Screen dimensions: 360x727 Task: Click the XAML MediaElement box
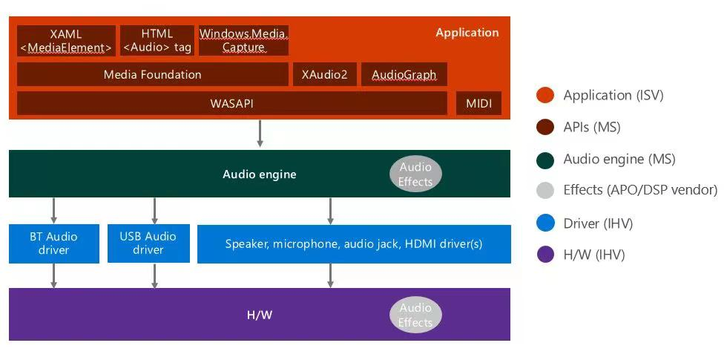pos(66,41)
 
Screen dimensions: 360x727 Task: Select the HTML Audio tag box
pos(157,41)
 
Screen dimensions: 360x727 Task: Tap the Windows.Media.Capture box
pos(243,41)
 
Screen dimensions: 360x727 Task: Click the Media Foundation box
pos(152,74)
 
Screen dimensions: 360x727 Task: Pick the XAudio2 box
pos(324,74)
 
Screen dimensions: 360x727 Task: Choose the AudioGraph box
pos(404,74)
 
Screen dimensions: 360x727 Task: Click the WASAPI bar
pos(231,103)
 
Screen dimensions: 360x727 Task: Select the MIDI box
pos(478,103)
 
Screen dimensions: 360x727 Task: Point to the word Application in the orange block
pos(467,33)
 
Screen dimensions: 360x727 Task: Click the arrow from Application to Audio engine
pos(260,134)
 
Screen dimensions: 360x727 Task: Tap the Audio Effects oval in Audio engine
pos(415,174)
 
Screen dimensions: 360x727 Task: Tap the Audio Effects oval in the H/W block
pos(415,315)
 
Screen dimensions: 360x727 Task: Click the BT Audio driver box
pos(53,243)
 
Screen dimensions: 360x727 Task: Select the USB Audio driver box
pos(148,243)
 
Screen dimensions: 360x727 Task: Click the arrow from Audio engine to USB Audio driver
pos(154,211)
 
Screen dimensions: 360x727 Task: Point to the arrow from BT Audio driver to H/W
pos(53,275)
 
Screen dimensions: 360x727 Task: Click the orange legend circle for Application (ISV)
pos(545,95)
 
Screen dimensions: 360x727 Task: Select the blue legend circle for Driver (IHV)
pos(545,223)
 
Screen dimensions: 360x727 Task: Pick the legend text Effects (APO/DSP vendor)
pos(640,190)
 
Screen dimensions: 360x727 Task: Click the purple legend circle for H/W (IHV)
pos(545,255)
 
